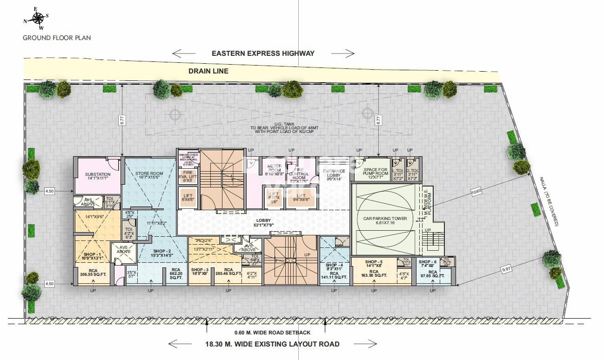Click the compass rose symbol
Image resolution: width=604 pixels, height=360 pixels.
[x=36, y=18]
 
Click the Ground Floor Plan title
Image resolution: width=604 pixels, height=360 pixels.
[x=57, y=38]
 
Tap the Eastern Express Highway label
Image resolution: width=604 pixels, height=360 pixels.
[x=263, y=53]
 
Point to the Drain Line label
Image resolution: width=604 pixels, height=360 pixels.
[x=208, y=71]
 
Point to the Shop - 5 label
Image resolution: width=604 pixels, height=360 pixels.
[x=374, y=262]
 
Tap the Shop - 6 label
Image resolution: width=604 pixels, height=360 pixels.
[x=427, y=262]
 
